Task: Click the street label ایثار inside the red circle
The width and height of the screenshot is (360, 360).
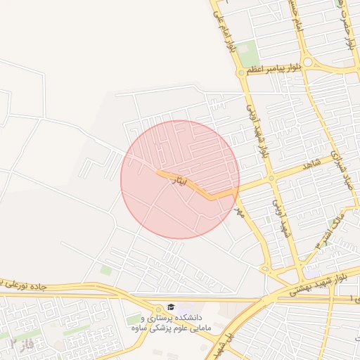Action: pos(181,181)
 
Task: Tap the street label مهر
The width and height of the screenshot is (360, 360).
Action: pos(238,210)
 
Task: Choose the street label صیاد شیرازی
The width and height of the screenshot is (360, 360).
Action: pos(342,165)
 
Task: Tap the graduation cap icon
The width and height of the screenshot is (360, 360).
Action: pos(171,307)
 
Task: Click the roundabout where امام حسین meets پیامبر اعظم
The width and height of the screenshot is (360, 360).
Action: pos(311,63)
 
